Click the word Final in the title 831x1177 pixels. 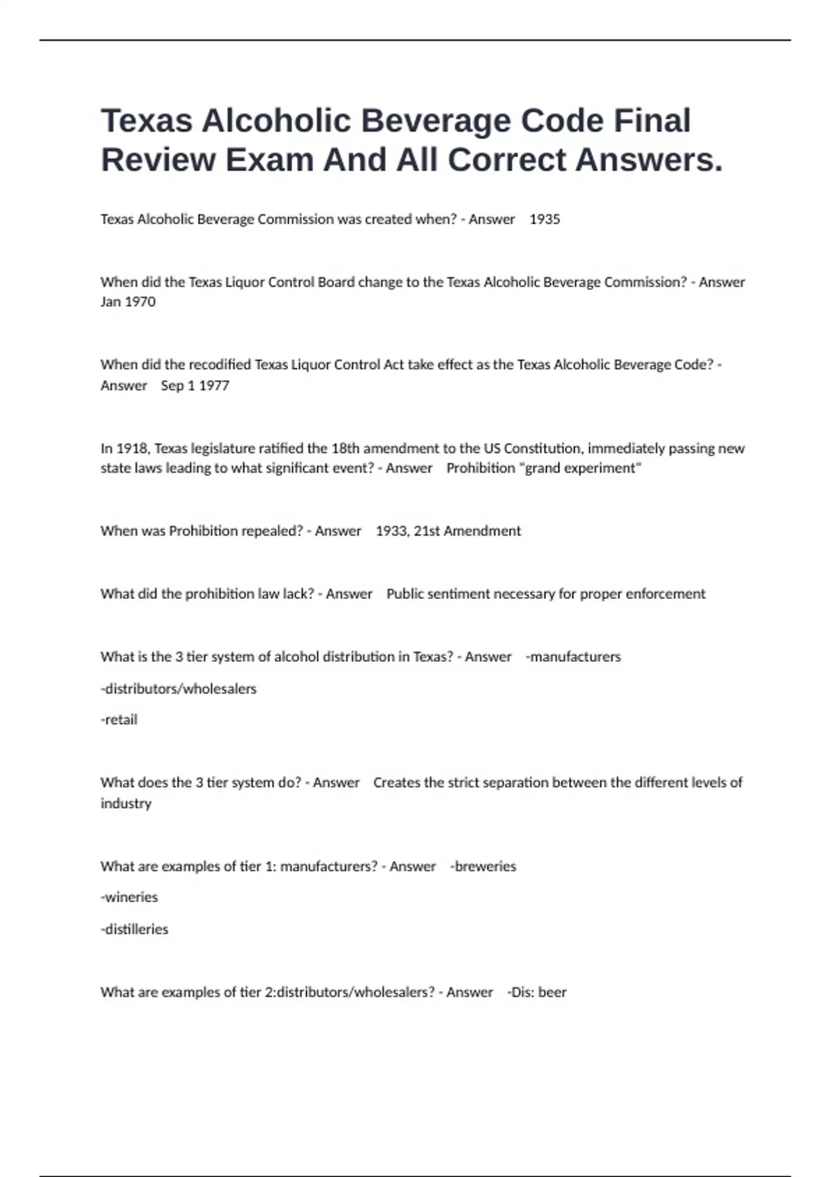click(652, 120)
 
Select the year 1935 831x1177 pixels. click(544, 219)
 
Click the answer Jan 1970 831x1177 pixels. click(128, 302)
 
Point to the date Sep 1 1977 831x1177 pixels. click(195, 386)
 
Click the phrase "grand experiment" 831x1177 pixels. click(580, 468)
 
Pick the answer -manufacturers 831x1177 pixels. click(573, 657)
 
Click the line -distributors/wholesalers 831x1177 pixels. click(179, 689)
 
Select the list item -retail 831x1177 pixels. click(119, 720)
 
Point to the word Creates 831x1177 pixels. click(397, 783)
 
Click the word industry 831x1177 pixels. click(126, 804)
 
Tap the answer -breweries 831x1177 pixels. click(483, 867)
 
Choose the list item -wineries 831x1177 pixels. click(129, 897)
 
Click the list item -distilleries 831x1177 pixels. click(134, 929)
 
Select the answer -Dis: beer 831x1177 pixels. click(537, 992)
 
